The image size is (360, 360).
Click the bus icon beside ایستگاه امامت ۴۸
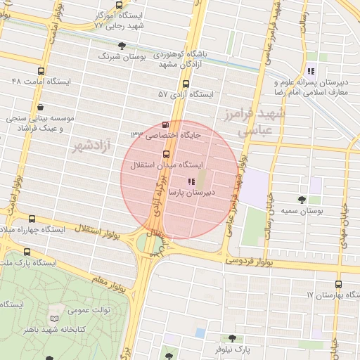(x=40, y=71)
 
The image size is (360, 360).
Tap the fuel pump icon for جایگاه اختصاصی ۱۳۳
(x=165, y=125)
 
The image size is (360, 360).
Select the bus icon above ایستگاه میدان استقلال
(x=167, y=154)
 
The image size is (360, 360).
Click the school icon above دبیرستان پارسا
(x=192, y=181)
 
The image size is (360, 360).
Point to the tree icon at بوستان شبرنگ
(x=122, y=46)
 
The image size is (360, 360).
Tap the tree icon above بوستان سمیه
(x=302, y=200)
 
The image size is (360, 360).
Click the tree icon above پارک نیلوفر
(x=232, y=338)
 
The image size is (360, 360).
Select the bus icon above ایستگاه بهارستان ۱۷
(x=339, y=284)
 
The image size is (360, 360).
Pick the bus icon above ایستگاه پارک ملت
(x=27, y=252)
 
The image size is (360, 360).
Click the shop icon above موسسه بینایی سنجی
(x=40, y=108)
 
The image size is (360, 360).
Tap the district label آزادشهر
(x=93, y=147)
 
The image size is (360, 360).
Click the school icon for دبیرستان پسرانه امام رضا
(x=311, y=70)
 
